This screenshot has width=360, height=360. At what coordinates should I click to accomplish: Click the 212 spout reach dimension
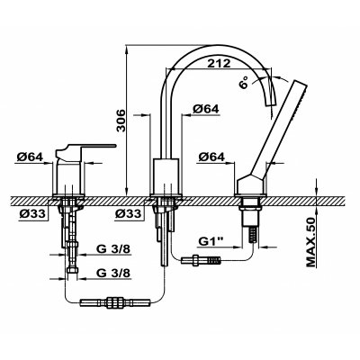(219, 64)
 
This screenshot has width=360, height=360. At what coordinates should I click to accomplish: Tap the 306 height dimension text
(121, 121)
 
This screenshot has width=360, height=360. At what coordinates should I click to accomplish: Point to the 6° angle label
(244, 82)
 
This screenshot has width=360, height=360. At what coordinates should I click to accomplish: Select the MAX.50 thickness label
(311, 242)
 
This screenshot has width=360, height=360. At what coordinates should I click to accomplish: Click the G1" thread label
(211, 241)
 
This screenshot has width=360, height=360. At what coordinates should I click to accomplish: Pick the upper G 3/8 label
(113, 249)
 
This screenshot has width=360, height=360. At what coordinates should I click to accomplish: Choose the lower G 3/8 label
(113, 273)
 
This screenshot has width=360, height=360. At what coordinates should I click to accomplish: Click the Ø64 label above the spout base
(206, 109)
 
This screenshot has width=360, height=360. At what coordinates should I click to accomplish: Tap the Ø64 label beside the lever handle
(30, 157)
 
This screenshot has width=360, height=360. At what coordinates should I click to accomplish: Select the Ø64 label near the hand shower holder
(211, 157)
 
